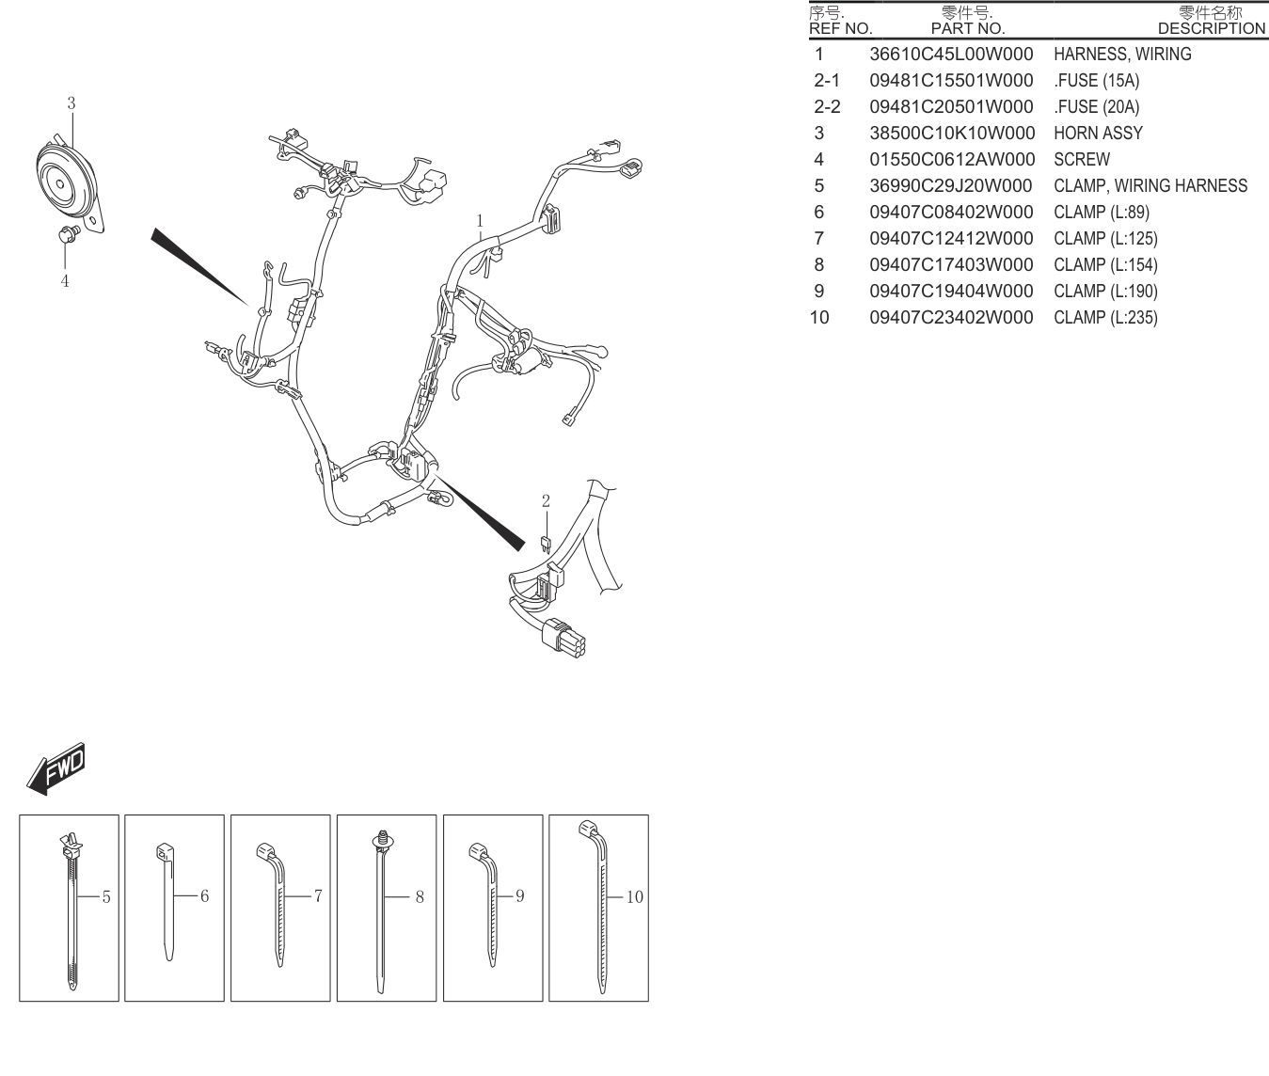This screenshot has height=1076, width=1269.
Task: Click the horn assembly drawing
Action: click(x=69, y=184)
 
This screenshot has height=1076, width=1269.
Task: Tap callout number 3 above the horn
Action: click(x=71, y=103)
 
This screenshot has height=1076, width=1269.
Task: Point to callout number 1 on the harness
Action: click(x=480, y=220)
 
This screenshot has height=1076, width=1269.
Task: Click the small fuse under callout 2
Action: click(x=546, y=544)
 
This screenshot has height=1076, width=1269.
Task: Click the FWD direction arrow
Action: click(x=56, y=768)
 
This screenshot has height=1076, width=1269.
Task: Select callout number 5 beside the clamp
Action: click(x=106, y=896)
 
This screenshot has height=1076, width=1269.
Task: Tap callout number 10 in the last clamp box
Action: click(x=635, y=896)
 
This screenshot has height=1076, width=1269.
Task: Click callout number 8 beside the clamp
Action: click(x=420, y=896)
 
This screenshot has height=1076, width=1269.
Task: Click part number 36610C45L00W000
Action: click(x=951, y=54)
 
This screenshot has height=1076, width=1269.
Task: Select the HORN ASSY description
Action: click(x=1099, y=134)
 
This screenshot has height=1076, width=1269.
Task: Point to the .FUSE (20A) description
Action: click(x=1097, y=107)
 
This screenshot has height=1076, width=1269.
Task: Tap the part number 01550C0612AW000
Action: click(x=952, y=160)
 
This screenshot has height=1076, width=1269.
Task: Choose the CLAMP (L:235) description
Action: click(x=1105, y=317)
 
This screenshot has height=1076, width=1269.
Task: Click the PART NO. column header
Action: click(x=968, y=28)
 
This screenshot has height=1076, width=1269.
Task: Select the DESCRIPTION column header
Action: click(x=1212, y=28)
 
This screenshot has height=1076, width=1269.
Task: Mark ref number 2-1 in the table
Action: click(x=827, y=80)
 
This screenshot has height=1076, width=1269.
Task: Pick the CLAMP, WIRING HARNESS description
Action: click(x=1150, y=185)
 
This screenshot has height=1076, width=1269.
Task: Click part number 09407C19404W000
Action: click(x=951, y=291)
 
